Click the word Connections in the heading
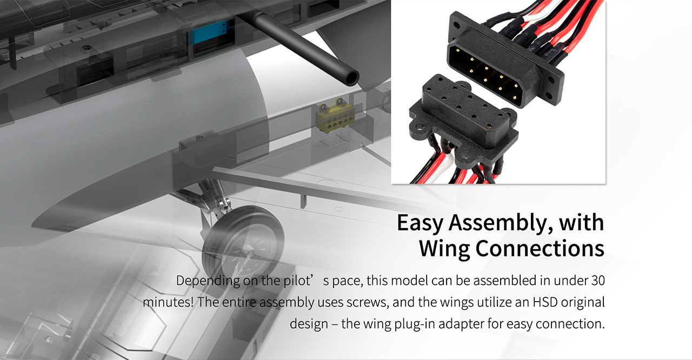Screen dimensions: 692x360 (540, 249)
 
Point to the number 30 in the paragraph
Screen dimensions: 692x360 (598, 281)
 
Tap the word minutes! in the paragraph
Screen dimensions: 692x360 (168, 302)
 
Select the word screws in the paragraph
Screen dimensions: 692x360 (367, 303)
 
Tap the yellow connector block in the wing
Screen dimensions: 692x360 (334, 116)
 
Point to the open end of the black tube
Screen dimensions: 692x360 (351, 78)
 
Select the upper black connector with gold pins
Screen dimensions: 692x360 (506, 61)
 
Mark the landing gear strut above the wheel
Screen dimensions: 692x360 (213, 198)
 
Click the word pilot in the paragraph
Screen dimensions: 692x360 (297, 281)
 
